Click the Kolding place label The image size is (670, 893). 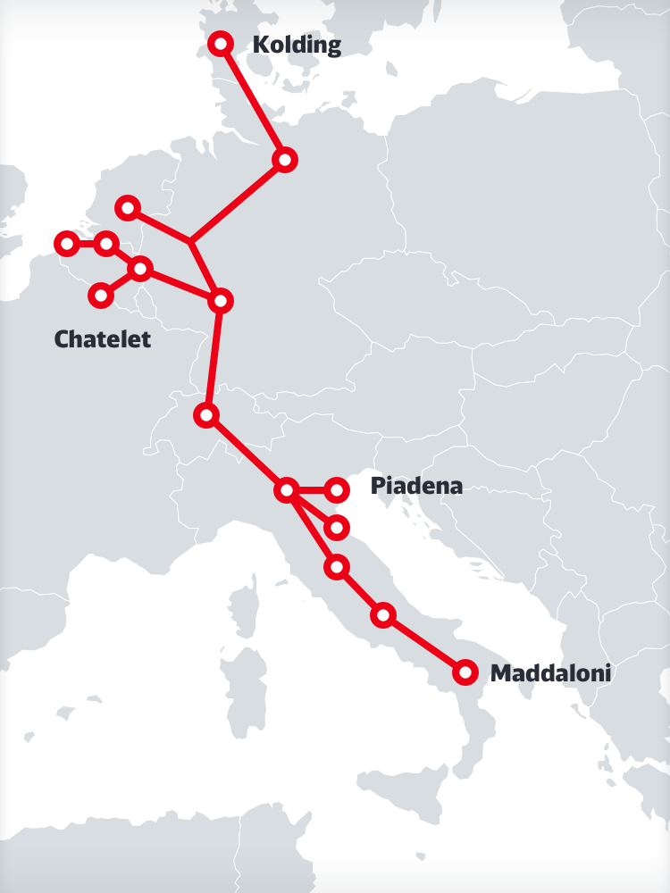click(297, 45)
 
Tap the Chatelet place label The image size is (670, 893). click(103, 339)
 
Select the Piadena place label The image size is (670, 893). click(416, 487)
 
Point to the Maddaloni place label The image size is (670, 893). click(551, 673)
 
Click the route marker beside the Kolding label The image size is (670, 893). click(220, 43)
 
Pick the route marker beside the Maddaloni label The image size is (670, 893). click(465, 672)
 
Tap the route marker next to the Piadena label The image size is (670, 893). click(336, 488)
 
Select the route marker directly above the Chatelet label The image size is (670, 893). click(101, 295)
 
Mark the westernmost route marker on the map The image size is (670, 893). click(66, 243)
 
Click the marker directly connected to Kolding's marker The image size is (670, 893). click(284, 159)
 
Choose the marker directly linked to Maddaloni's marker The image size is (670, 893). click(382, 614)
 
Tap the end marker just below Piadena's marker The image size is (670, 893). click(336, 528)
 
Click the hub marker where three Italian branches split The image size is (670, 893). click(286, 489)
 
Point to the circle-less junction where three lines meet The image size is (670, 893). click(190, 241)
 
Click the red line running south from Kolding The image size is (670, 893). click(252, 101)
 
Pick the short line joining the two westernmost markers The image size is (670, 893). click(86, 243)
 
